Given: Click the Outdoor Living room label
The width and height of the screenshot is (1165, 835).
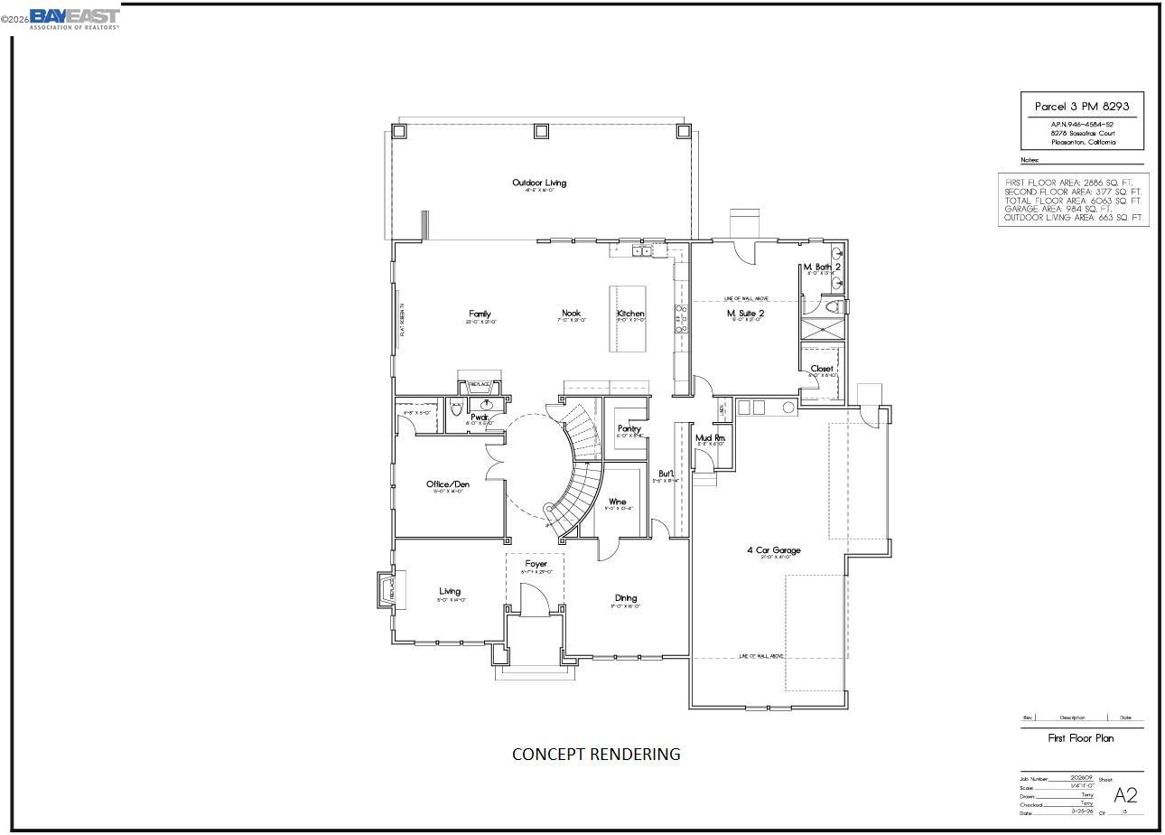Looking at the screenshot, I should pos(539,183).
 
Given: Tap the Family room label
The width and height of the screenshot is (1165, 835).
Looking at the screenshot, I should pos(480,314).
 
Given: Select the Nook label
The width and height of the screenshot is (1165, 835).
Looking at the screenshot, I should pos(571,314).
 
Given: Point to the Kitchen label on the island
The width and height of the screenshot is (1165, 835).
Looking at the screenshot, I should pos(630,314).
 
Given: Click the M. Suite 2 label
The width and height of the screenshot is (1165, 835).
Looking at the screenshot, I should pos(746,314).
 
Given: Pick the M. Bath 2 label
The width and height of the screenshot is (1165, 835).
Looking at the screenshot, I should pos(822,267).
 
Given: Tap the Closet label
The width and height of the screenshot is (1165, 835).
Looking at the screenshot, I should pos(822,369).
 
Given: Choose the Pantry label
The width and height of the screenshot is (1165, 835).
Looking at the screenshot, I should pos(629,428).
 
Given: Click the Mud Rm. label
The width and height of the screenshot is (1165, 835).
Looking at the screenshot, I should pos(710,438).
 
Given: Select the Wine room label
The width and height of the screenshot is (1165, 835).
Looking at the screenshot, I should pos(618,502).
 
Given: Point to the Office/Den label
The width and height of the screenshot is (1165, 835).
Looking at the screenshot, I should pos(448,484).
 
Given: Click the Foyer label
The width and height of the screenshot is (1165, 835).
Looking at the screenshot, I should pos(536,564).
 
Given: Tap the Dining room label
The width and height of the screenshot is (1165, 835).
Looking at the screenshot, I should pos(626,597).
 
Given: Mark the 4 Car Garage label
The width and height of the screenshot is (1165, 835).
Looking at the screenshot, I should pos(773,549).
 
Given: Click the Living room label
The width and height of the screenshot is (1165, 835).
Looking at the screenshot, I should pos(450,591).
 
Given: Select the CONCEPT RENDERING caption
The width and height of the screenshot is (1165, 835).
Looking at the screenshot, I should pos(596,754).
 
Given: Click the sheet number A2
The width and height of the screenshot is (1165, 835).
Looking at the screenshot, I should pos(1125,795).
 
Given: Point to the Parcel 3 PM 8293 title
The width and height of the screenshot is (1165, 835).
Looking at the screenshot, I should pos(1082,106).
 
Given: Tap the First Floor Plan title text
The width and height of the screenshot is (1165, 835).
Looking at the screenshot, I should pos(1080,738).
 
